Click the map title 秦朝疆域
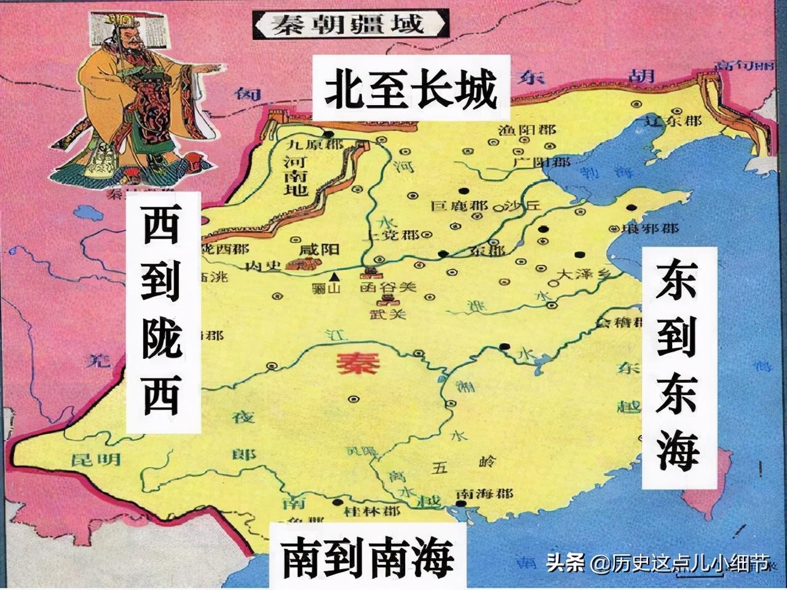(x=349, y=25)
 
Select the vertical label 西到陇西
(x=162, y=311)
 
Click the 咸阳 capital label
(x=318, y=250)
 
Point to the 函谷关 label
(x=388, y=287)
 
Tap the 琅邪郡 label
(x=652, y=228)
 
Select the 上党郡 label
(x=400, y=236)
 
